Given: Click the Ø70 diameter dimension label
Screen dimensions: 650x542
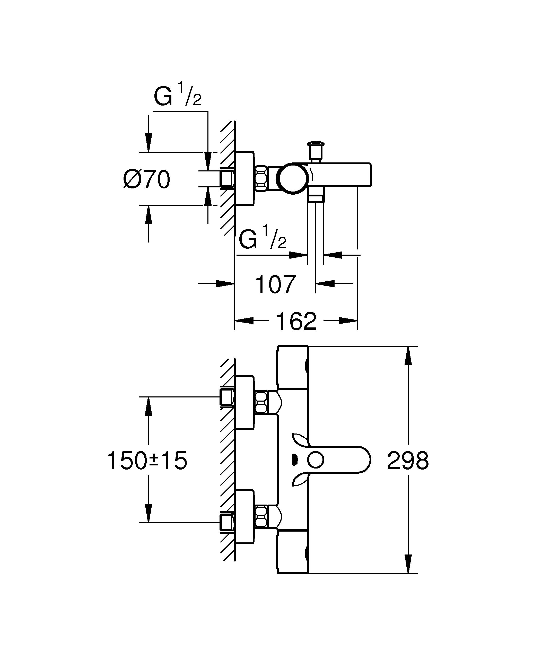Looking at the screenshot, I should point(147,179).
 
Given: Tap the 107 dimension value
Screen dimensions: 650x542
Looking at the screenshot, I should point(275,284).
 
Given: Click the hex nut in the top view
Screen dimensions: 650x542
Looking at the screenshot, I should point(261,179).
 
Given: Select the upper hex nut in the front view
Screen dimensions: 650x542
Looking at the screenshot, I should point(261,402).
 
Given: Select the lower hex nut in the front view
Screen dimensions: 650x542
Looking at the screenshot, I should point(261,516).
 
